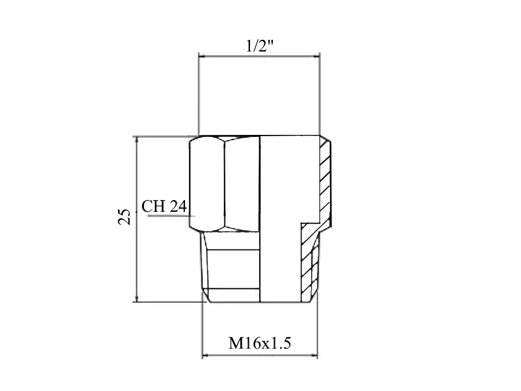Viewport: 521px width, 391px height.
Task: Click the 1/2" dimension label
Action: (259, 46)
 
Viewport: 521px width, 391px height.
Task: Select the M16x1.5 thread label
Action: (259, 343)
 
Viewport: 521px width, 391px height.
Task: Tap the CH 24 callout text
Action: (164, 206)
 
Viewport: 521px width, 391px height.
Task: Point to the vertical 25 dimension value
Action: (124, 217)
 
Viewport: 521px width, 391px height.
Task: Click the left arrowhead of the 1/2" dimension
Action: (203, 57)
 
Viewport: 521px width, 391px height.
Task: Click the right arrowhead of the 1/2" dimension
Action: (316, 57)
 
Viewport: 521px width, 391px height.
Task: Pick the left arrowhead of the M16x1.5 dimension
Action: (206, 355)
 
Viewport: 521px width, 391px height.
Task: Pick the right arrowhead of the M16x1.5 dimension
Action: (313, 355)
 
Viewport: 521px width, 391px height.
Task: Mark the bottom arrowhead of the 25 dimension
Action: (137, 298)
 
